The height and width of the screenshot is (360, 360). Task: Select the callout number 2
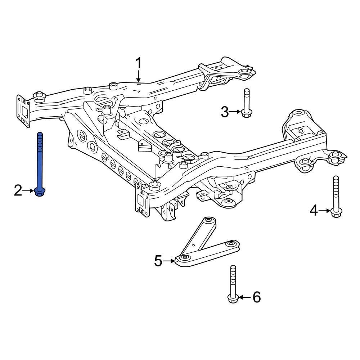[18, 190]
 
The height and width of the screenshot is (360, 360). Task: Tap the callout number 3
[225, 112]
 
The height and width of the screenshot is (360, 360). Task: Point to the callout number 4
[314, 210]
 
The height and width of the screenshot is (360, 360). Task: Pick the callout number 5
[158, 261]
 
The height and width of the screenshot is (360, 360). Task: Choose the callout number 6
[256, 297]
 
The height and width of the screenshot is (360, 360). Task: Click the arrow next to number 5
[169, 261]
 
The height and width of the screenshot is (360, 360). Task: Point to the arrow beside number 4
[325, 210]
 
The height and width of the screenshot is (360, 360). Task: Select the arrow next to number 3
[235, 112]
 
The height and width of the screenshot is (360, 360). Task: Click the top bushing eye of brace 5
[208, 220]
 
